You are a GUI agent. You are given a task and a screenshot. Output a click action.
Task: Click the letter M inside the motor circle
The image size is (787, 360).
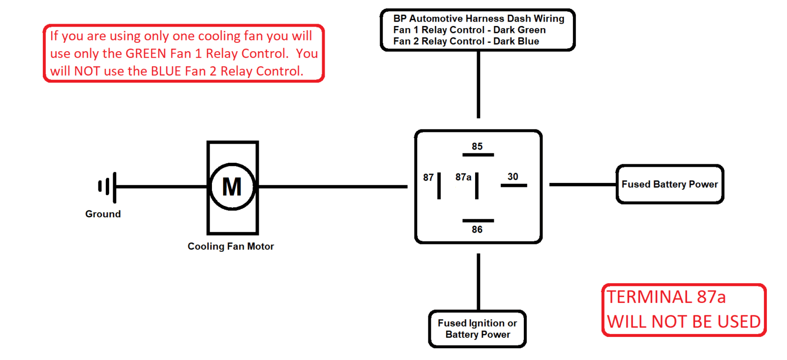click(x=232, y=187)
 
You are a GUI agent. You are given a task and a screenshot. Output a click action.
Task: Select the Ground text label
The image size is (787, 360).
click(x=103, y=214)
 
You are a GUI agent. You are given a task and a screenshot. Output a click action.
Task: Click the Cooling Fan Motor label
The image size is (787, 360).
click(x=231, y=246)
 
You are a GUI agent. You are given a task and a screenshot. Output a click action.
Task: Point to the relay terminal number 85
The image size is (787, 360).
click(x=477, y=147)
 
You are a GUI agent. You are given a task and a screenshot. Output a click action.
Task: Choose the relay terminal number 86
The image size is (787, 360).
click(x=477, y=230)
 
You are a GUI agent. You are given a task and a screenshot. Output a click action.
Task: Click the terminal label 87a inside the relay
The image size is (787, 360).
click(x=463, y=177)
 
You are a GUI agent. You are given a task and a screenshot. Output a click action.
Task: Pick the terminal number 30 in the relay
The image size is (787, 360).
click(x=513, y=177)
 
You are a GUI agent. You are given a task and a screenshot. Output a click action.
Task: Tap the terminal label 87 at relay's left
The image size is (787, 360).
click(x=428, y=178)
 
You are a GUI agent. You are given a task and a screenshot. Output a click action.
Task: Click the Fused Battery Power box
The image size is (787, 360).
click(x=669, y=184)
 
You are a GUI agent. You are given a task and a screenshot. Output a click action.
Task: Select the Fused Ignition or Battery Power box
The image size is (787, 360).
click(x=477, y=329)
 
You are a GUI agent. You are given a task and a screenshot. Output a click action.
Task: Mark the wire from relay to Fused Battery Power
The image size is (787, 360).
click(x=582, y=184)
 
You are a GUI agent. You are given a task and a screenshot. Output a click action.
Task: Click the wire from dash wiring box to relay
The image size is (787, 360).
click(x=478, y=84)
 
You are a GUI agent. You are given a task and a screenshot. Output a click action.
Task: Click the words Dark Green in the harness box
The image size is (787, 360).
click(x=519, y=30)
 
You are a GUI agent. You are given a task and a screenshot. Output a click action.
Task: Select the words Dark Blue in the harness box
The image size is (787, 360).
click(x=516, y=41)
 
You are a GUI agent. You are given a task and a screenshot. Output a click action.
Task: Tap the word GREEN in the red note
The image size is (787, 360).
click(x=146, y=54)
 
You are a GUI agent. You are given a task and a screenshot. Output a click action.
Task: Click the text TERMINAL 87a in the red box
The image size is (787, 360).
click(x=666, y=297)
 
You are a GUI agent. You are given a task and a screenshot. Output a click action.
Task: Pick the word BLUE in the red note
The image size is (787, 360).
click(x=166, y=71)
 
